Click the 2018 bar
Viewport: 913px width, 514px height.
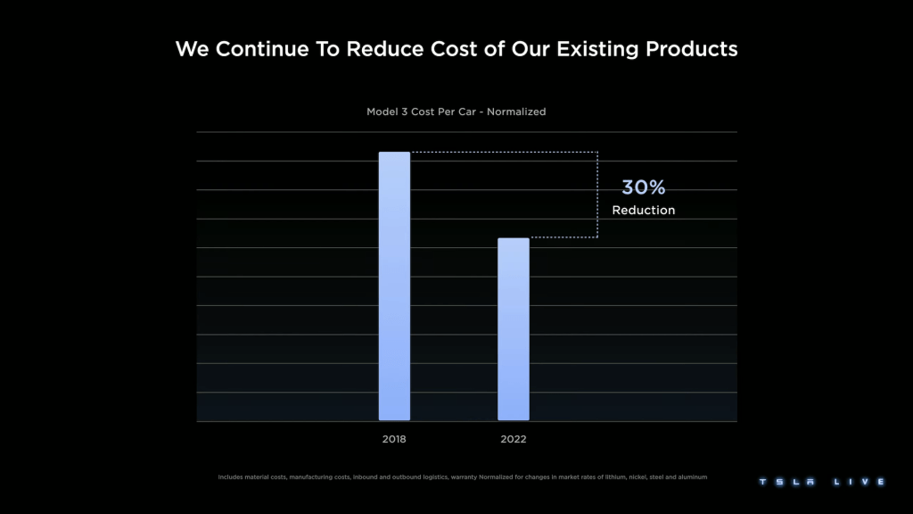pos(394,286)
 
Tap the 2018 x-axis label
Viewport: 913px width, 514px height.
pos(394,439)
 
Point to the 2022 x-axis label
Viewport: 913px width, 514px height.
pos(513,439)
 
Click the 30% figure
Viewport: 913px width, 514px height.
pos(643,187)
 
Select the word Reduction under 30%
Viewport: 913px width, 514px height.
pos(643,211)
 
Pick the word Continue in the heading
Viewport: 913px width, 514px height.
pos(260,48)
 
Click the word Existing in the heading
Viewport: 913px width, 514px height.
pos(591,48)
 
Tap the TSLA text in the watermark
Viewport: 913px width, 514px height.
pos(787,482)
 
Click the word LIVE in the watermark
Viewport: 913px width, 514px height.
pos(859,482)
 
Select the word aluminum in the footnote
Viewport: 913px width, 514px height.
pos(688,477)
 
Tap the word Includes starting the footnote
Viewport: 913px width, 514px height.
pos(233,477)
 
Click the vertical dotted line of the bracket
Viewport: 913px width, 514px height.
pos(597,195)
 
